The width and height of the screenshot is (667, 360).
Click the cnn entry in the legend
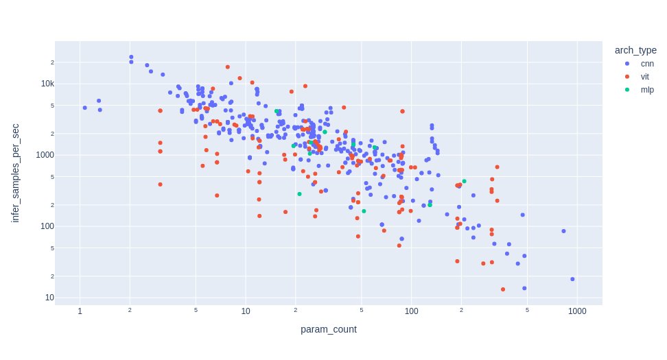click(x=637, y=64)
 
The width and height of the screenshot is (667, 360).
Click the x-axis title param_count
click(x=328, y=330)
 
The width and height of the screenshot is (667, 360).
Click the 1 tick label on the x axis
click(x=80, y=312)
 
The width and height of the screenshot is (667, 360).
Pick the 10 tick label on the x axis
click(x=245, y=312)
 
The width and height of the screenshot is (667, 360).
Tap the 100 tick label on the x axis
click(x=411, y=312)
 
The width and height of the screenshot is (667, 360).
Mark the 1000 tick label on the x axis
click(x=576, y=312)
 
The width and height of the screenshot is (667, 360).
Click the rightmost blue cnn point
click(x=572, y=279)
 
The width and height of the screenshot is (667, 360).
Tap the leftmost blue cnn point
click(x=84, y=108)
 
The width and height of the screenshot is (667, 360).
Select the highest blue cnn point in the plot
click(x=131, y=57)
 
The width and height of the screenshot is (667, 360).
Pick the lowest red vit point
click(x=503, y=289)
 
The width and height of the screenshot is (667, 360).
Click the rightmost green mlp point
click(x=464, y=181)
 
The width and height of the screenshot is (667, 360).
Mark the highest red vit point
click(x=227, y=67)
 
